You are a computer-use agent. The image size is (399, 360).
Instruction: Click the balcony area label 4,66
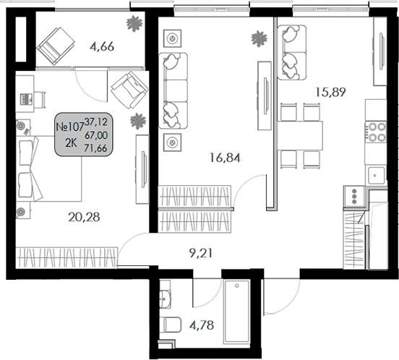pos(102,46)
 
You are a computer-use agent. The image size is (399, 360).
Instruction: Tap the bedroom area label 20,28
pos(85,217)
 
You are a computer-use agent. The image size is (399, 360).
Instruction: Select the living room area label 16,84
pos(226,158)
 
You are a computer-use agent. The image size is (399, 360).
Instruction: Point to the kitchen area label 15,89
pos(330,92)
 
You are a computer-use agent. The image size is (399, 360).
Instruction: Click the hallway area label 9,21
pos(201,253)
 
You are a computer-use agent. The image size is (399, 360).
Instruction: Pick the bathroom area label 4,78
pos(202,325)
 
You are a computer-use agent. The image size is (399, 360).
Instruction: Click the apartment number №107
pos(70,127)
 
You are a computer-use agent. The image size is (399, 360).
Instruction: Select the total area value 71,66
pos(95,147)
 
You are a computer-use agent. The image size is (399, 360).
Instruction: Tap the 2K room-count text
pos(71,143)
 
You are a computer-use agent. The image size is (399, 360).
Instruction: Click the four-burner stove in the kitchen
pos(376,132)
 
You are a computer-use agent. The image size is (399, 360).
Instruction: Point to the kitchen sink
pos(376,176)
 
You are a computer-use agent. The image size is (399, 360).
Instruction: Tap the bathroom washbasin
pos(165,296)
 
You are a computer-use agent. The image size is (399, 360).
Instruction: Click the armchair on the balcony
pos(56,46)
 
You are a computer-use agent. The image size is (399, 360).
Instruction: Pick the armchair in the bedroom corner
pos(130,90)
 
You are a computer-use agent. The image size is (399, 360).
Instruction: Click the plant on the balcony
pos(134,23)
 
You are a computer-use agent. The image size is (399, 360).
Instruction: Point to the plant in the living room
pos(259,38)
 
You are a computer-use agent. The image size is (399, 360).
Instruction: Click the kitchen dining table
pos(300,136)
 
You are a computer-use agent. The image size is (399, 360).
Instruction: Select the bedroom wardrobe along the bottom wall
pos(67,257)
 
